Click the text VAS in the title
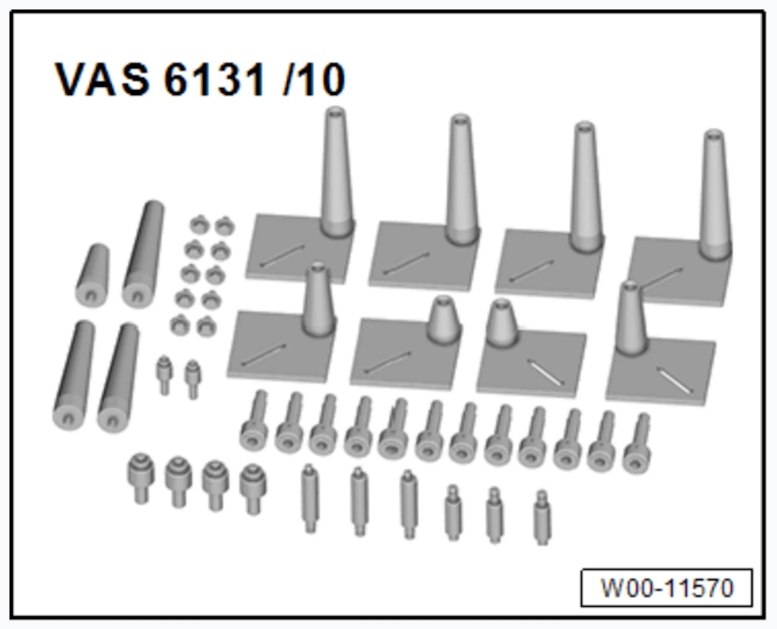click(x=102, y=79)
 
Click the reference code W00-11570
click(x=667, y=588)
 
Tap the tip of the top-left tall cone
click(x=335, y=111)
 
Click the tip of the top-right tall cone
click(x=714, y=134)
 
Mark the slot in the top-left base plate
click(x=282, y=255)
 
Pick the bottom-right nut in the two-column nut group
click(x=207, y=326)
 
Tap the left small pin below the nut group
click(x=164, y=373)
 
